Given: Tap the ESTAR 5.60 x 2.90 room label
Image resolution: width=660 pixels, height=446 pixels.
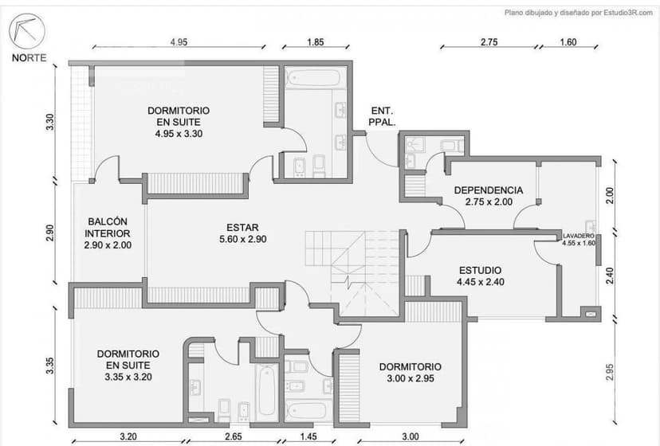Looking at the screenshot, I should click(x=242, y=233).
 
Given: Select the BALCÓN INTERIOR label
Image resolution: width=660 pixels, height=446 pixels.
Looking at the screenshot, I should click(x=108, y=233).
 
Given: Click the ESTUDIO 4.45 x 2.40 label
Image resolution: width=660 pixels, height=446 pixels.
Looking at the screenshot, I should click(x=480, y=276).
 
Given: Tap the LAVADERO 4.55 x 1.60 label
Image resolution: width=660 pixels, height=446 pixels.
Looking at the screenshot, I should click(x=579, y=240).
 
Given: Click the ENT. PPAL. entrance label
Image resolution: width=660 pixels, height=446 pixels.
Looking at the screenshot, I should click(x=383, y=116).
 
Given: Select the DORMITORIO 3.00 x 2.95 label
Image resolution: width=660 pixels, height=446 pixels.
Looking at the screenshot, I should click(x=410, y=372).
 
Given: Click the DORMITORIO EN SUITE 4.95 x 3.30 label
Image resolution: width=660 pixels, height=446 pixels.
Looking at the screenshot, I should click(x=179, y=122).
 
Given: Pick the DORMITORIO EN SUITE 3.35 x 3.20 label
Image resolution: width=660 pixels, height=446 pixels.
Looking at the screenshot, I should click(x=128, y=365).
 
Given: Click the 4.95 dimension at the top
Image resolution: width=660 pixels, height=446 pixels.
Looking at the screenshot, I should click(x=178, y=42).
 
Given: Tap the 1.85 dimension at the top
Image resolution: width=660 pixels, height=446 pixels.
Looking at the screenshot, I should click(x=314, y=42).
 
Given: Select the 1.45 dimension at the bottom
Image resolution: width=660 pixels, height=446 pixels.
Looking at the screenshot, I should click(x=308, y=436).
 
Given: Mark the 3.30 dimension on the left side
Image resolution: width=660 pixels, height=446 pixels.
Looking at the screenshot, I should click(x=49, y=123).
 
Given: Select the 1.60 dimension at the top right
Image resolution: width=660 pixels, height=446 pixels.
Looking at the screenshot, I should click(x=568, y=42).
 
